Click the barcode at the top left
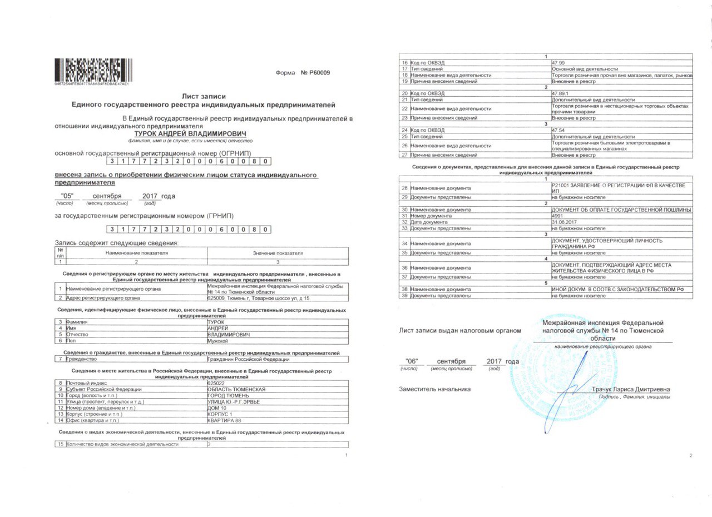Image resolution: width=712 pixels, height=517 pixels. coord(92,69)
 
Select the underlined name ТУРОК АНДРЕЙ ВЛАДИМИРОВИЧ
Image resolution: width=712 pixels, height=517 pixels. coord(190,133)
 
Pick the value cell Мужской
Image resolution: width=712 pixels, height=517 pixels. coord(217,341)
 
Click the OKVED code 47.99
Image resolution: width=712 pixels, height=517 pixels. coord(558,63)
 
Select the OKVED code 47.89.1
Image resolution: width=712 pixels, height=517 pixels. coord(561,93)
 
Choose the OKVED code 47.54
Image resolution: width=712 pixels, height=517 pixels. coord(558,130)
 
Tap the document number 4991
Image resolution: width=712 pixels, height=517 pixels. coord(557,216)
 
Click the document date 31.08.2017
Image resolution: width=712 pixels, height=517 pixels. coord(563,222)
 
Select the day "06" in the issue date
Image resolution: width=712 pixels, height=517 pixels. coord(412,361)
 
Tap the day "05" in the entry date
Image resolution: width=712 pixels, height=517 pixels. coord(67,196)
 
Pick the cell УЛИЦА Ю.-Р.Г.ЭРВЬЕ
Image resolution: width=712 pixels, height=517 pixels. coord(233,402)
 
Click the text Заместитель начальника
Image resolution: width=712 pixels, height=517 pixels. coord(434,389)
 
